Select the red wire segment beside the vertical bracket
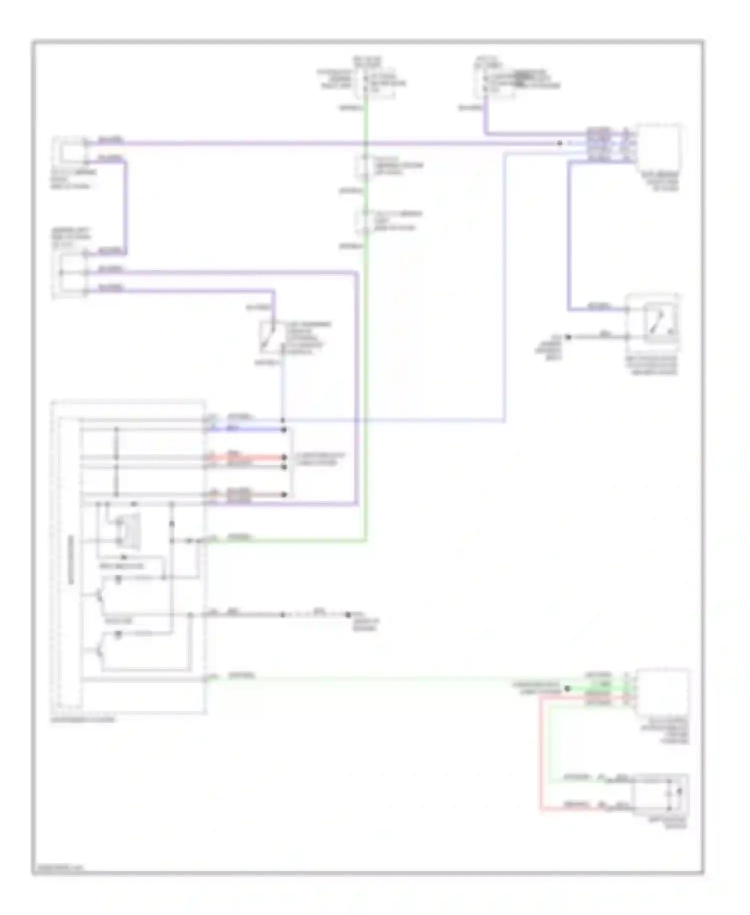[255, 457]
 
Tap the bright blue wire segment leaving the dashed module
[250, 429]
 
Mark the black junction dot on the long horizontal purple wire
[560, 143]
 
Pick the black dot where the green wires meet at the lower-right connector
[567, 689]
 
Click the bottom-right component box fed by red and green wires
[660, 794]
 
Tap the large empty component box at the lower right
[662, 691]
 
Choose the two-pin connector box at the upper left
[72, 150]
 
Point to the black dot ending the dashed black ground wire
[348, 615]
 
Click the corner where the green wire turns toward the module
[366, 540]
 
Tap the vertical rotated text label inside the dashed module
[71, 561]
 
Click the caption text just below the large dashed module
[83, 720]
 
